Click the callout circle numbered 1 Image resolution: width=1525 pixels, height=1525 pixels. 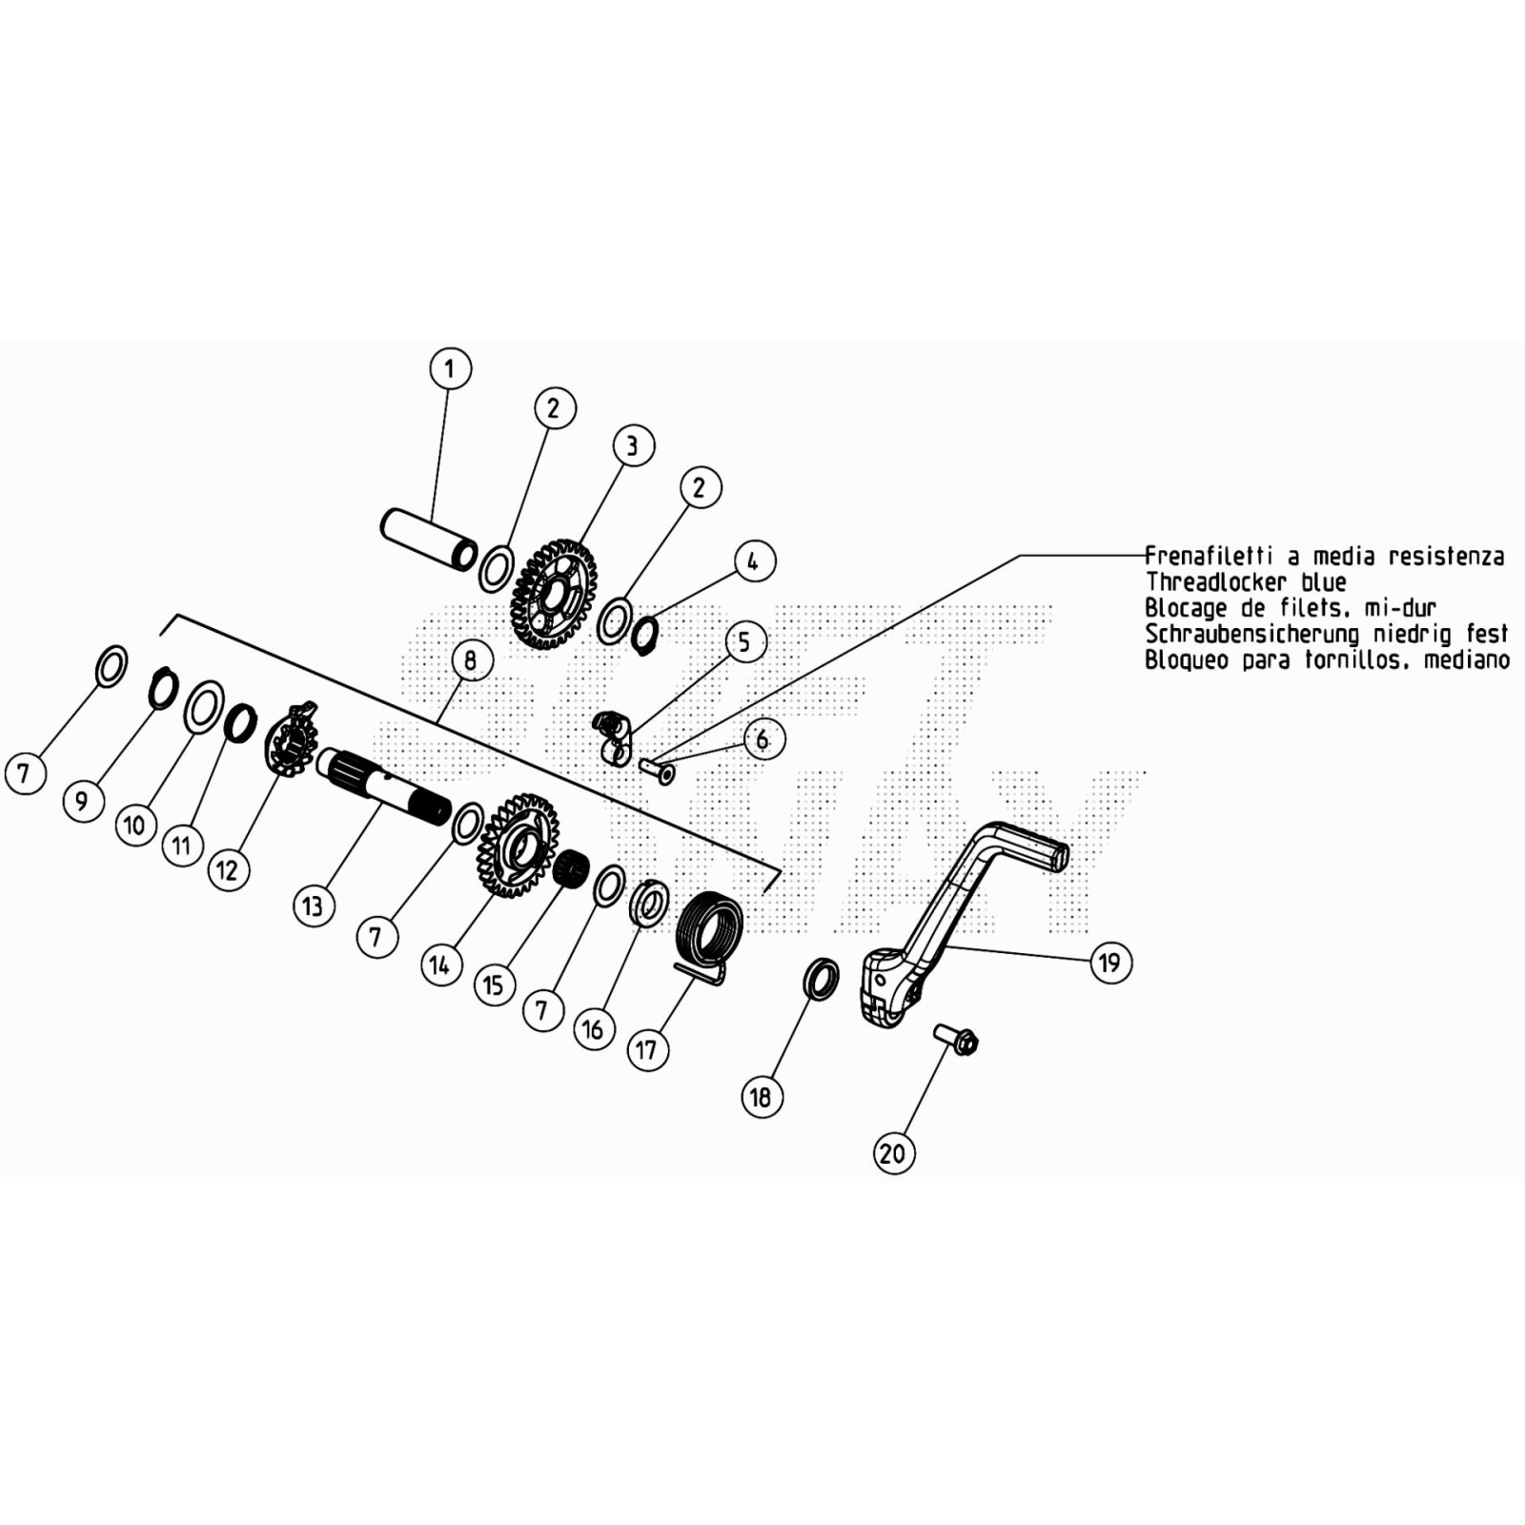pyautogui.click(x=450, y=369)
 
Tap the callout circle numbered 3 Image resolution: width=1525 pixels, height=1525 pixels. pyautogui.click(x=634, y=445)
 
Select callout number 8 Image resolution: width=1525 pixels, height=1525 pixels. pyautogui.click(x=471, y=660)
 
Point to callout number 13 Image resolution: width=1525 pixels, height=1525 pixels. pyautogui.click(x=314, y=905)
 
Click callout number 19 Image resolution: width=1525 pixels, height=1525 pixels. pyautogui.click(x=1110, y=963)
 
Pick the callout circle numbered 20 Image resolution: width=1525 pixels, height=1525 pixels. pyautogui.click(x=894, y=1153)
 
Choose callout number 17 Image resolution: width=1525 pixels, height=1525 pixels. pyautogui.click(x=647, y=1050)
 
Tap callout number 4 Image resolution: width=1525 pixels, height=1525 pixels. pyautogui.click(x=754, y=561)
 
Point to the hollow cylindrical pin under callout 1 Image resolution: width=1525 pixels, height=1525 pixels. pyautogui.click(x=429, y=540)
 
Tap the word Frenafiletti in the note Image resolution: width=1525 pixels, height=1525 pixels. pyautogui.click(x=1209, y=557)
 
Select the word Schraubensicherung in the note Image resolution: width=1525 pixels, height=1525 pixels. pyautogui.click(x=1251, y=634)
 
